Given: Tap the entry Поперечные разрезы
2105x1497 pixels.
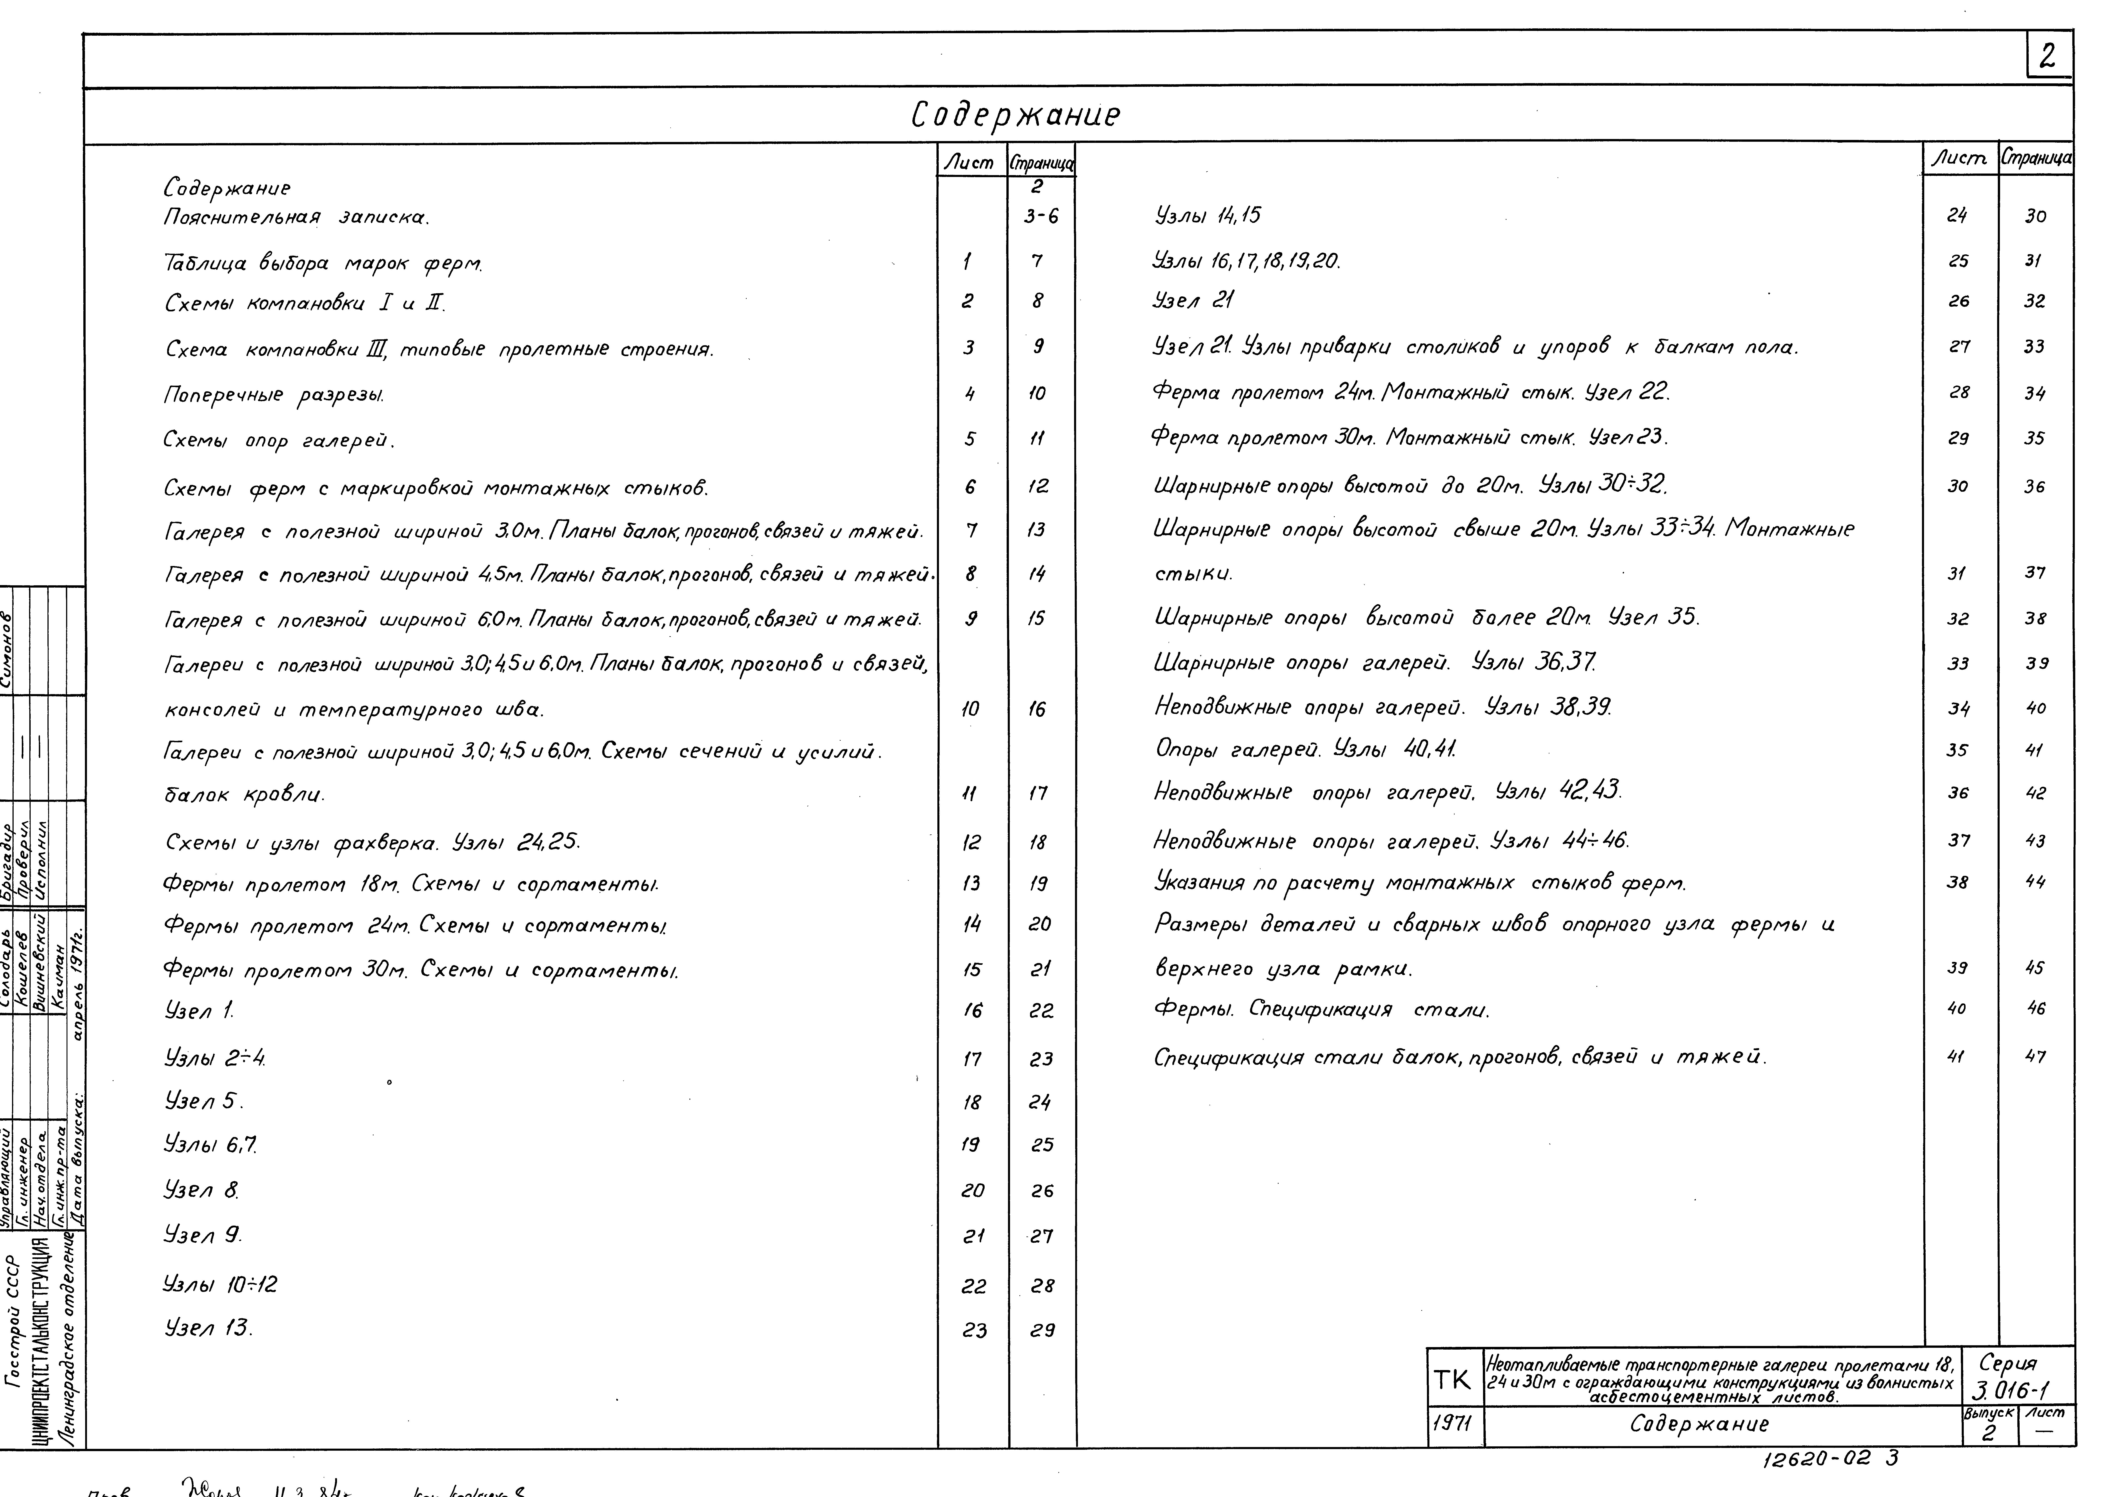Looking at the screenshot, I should (274, 395).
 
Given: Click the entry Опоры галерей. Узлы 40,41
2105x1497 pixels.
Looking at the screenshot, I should (1305, 750).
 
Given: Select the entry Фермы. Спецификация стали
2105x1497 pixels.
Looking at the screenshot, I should (1321, 1009).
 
